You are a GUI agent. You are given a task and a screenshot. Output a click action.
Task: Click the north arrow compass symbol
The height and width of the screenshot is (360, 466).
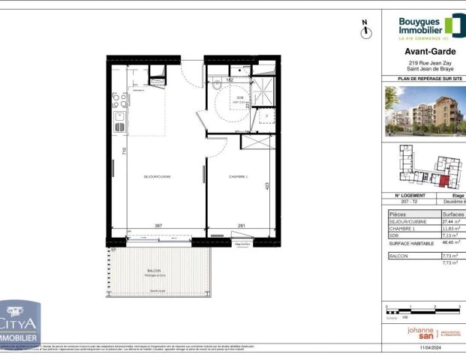pos(367,30)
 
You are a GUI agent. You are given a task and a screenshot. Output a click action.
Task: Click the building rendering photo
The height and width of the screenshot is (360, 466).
pos(425,111)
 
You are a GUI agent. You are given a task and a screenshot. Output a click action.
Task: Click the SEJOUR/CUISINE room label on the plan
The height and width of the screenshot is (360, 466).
pos(158,176)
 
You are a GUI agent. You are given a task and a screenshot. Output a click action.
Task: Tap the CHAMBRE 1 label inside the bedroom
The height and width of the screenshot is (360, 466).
pos(238,176)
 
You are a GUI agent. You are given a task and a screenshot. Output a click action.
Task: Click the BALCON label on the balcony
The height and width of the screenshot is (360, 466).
pos(154,271)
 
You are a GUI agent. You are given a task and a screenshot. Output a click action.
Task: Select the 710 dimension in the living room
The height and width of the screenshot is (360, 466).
pos(125,151)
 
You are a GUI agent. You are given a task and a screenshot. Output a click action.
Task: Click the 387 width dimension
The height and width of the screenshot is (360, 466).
pos(158,225)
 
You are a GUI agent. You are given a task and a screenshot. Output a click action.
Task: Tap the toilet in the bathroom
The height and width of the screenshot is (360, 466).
pos(216,85)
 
